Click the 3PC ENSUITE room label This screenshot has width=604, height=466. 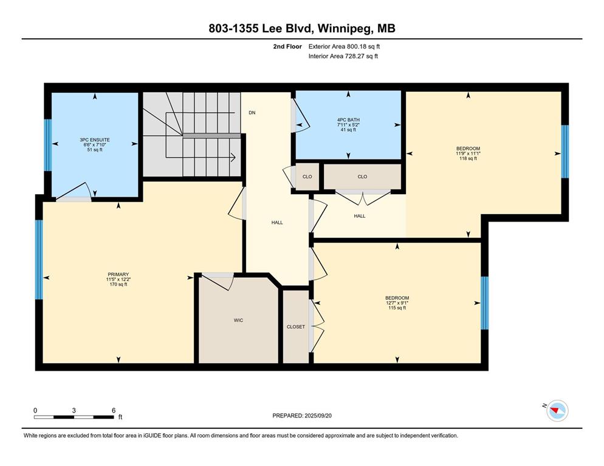[95, 140]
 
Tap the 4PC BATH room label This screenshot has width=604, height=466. [348, 120]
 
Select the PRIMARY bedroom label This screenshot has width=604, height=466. [118, 274]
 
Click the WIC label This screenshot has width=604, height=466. [238, 320]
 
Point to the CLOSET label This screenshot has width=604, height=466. [296, 326]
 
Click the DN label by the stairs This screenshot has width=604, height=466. [252, 113]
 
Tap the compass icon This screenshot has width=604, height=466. [557, 411]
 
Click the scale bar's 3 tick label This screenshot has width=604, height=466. [74, 410]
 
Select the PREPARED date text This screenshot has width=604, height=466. [302, 416]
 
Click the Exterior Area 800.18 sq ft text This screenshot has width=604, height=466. [344, 47]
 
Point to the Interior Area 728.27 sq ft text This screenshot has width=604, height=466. [343, 56]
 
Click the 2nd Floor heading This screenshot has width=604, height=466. [287, 47]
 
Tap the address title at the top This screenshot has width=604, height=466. [302, 29]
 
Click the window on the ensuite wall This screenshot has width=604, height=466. [48, 144]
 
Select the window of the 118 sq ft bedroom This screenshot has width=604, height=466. [565, 152]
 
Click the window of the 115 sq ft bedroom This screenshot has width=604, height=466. [484, 303]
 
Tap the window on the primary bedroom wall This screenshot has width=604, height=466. [39, 259]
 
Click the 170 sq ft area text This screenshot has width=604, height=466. [118, 285]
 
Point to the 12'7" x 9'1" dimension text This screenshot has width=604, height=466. [397, 303]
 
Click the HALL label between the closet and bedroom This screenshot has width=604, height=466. [359, 216]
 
